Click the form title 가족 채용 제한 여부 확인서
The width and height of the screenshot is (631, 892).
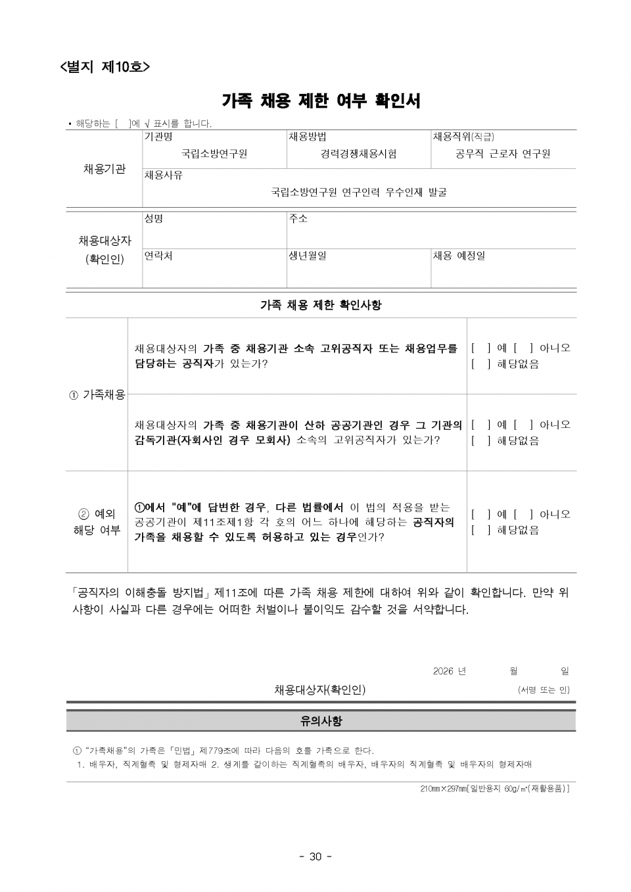pos(321,101)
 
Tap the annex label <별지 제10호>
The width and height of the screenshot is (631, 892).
pos(105,66)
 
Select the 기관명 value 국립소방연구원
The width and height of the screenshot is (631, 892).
pos(214,154)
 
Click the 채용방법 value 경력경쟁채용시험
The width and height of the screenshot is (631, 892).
pos(359,154)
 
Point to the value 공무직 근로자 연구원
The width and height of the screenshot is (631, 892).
pos(503,154)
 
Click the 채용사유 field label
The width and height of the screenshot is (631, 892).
pos(164,176)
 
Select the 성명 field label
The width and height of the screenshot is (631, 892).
pos(154,218)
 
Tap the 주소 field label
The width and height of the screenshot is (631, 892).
pos(298,218)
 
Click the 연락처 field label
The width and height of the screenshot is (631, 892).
pos(158,255)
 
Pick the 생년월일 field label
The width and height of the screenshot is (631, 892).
pos(308,255)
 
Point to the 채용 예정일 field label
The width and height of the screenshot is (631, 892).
pos(459,255)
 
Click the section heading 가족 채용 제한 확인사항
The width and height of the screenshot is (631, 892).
pos(321,305)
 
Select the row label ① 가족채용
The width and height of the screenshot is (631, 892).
pos(97,394)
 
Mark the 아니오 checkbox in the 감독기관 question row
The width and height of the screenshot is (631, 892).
pos(523,425)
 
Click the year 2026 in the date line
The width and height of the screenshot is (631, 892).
pos(444,671)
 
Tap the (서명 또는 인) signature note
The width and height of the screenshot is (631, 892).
pos(544,690)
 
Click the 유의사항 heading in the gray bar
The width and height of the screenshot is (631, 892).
pos(321,721)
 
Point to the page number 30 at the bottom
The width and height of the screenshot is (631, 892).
pos(315,856)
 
